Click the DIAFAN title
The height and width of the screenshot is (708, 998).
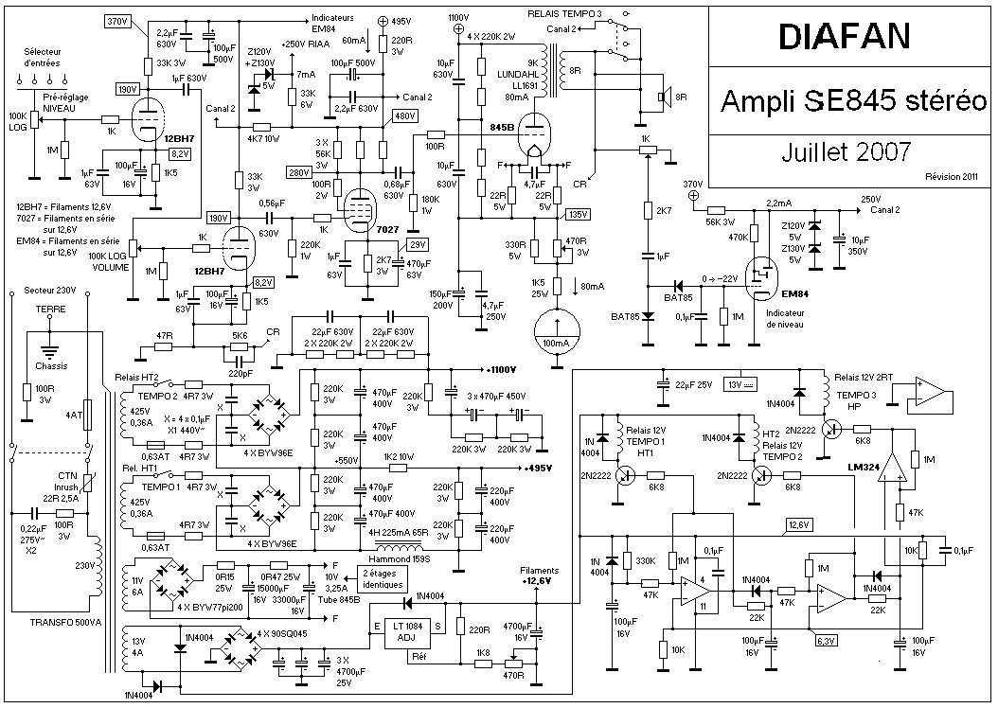[x=845, y=37]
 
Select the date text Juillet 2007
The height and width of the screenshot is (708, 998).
[x=847, y=150]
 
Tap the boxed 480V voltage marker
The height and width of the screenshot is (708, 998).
[x=404, y=115]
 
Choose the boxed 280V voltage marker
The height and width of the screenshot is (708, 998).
[x=300, y=172]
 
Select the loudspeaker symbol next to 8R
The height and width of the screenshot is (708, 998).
[x=664, y=97]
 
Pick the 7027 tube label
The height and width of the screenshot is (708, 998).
[x=387, y=230]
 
